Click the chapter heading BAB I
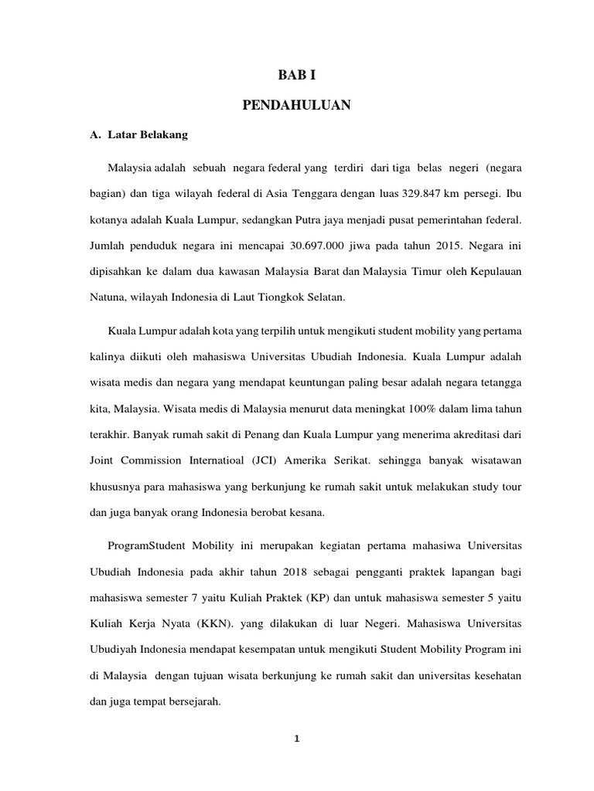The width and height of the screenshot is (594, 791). pos(296,75)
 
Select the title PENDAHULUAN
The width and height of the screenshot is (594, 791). pos(296,105)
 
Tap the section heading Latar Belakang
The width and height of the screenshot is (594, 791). pos(146,134)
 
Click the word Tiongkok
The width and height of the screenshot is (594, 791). pos(338,300)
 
